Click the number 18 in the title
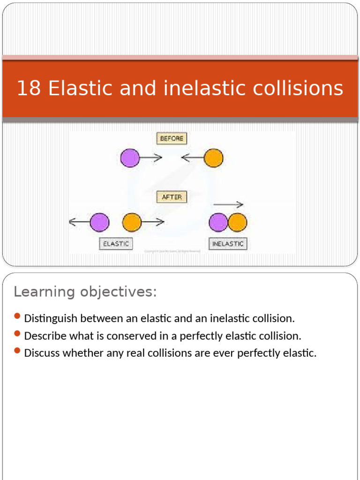[x=29, y=88]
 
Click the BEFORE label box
[x=171, y=138]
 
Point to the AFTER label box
[x=171, y=197]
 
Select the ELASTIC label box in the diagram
[x=116, y=244]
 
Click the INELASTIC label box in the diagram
[x=228, y=244]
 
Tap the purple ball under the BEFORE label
[x=130, y=158]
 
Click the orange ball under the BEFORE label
[x=213, y=158]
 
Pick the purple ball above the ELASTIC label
[x=99, y=222]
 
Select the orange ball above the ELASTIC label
[x=132, y=222]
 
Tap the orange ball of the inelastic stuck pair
[x=237, y=222]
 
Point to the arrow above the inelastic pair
[x=228, y=204]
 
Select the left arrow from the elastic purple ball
[x=80, y=223]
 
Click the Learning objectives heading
[x=85, y=292]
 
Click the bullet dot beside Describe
[x=17, y=334]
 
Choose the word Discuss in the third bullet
[x=42, y=353]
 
